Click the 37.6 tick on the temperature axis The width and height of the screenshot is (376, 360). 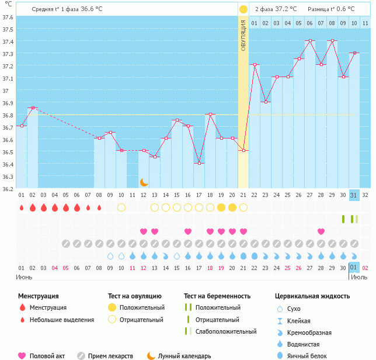coord(8,17)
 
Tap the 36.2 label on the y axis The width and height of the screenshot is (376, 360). coord(8,189)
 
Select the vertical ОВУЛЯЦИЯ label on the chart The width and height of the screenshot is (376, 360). coord(243,35)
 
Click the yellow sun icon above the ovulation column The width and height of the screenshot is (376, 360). coord(243,9)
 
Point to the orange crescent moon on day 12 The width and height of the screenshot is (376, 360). coord(144,182)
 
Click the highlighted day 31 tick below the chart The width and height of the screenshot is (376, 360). coord(354,195)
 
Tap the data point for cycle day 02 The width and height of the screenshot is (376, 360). coord(33,108)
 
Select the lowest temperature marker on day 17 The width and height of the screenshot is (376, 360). coord(199,164)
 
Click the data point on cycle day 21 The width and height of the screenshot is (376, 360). coord(243,151)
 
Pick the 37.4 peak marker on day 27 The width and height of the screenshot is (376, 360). coord(310,41)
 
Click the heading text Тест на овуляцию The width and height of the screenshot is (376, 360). coord(136,296)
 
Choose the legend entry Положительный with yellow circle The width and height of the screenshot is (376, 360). coord(141,307)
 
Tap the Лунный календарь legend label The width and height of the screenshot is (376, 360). coord(185,356)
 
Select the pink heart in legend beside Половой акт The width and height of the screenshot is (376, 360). coord(22,356)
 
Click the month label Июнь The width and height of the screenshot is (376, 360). coord(24,276)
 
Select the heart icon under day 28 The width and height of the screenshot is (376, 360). coord(321,231)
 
